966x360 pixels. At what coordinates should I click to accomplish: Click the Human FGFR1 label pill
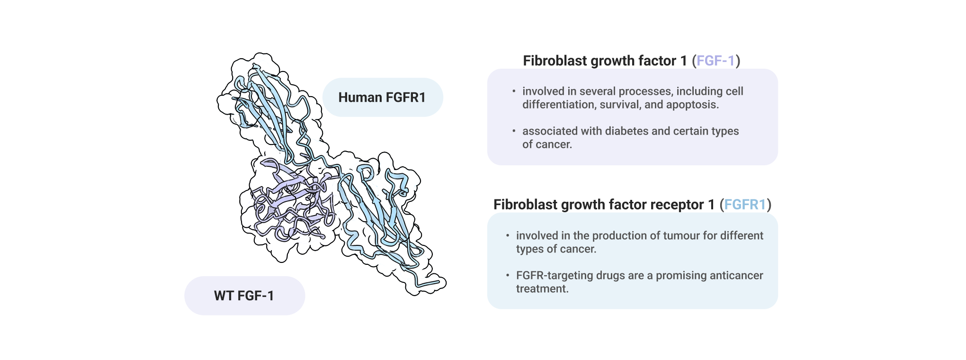[x=383, y=97]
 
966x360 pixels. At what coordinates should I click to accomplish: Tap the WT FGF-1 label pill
[x=244, y=296]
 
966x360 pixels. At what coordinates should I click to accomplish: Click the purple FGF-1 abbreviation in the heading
[x=716, y=61]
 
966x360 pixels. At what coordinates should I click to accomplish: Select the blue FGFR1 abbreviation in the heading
[x=745, y=205]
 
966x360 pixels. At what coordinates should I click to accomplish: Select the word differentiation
[x=559, y=104]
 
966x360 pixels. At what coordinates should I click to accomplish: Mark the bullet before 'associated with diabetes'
[x=514, y=131]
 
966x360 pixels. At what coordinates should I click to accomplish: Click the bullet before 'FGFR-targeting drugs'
[x=508, y=275]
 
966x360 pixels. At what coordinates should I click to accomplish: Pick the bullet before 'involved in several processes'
[x=514, y=91]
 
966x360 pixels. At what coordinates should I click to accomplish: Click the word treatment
[x=542, y=288]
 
